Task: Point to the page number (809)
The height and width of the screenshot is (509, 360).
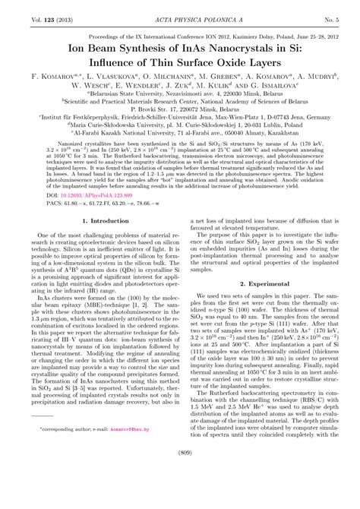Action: [180, 495]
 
